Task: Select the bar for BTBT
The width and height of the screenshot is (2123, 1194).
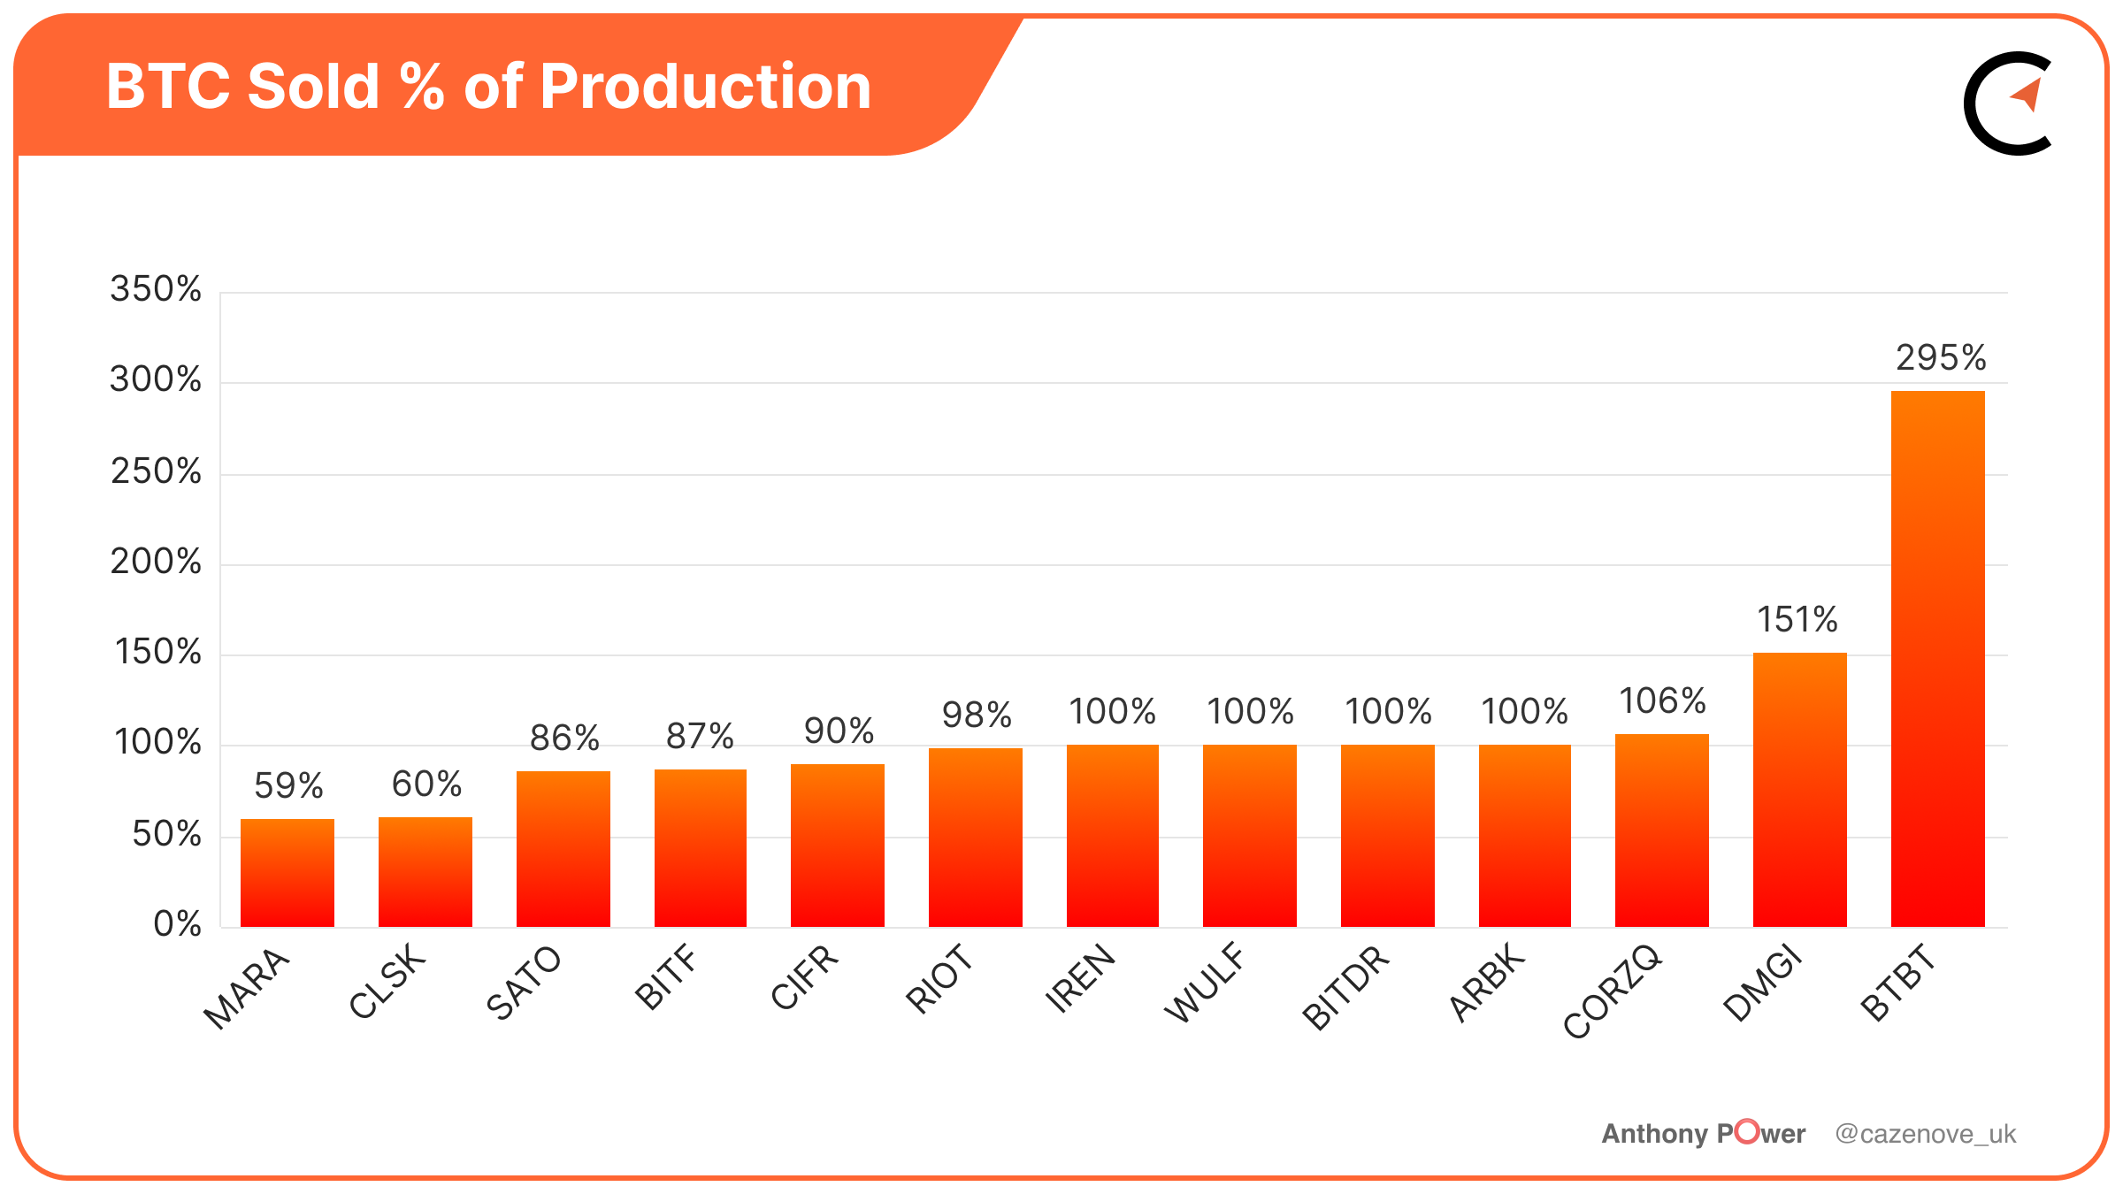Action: pos(1937,659)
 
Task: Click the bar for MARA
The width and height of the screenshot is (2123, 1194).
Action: pos(287,873)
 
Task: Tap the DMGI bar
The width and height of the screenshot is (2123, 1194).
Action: pos(1799,790)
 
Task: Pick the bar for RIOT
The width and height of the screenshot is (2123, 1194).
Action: pos(975,838)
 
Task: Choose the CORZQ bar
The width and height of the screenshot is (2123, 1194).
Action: pos(1661,830)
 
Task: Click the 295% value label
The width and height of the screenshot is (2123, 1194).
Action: pos(1941,358)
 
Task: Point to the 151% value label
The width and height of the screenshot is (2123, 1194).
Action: pos(1797,620)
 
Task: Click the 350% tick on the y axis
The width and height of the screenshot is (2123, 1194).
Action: pos(156,289)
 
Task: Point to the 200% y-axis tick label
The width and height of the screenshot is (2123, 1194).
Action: pos(156,562)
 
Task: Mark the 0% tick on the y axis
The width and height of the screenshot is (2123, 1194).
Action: pos(177,924)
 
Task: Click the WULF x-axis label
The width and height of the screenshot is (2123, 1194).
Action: pos(1205,984)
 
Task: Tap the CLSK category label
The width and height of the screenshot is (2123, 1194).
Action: pos(387,982)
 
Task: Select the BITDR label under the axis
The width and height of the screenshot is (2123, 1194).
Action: pos(1345,987)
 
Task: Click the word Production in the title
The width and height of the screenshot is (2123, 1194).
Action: pos(705,87)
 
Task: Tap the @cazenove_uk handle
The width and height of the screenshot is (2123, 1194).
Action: pos(1925,1134)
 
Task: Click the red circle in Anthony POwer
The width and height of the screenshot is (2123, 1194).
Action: pos(1746,1131)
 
